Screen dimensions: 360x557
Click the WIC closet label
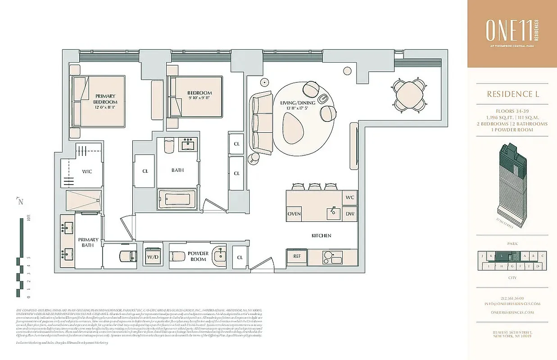click(x=86, y=171)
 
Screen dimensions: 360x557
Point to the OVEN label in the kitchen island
click(x=294, y=214)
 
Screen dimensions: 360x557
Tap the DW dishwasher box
click(x=349, y=214)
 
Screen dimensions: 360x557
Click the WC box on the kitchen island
click(x=349, y=198)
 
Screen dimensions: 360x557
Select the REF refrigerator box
click(x=297, y=256)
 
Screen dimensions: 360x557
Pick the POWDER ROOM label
click(x=198, y=256)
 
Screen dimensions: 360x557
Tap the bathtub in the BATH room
click(x=177, y=199)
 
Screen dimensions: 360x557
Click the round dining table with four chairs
click(x=409, y=95)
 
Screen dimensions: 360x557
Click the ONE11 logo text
click(x=508, y=31)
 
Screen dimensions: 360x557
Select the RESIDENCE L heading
click(x=512, y=94)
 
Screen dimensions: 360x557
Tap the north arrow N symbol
click(x=19, y=202)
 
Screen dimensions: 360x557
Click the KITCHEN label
click(x=322, y=235)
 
